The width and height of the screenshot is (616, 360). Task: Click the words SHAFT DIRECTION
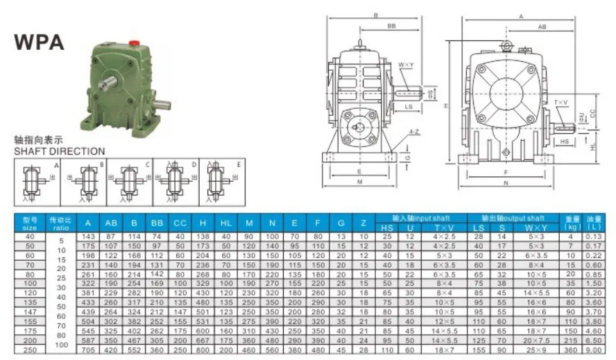click(60, 151)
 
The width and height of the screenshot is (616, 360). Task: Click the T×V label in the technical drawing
click(561, 102)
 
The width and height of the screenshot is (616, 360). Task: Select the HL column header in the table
click(227, 223)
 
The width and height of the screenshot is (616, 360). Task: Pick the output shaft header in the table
click(513, 218)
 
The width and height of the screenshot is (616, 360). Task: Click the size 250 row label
click(30, 350)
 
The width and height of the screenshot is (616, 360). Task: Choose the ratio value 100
click(61, 345)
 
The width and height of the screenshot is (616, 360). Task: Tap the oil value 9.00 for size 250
click(594, 350)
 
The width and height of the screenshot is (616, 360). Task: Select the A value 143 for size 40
click(88, 237)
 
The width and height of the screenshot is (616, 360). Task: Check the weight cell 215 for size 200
click(572, 341)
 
